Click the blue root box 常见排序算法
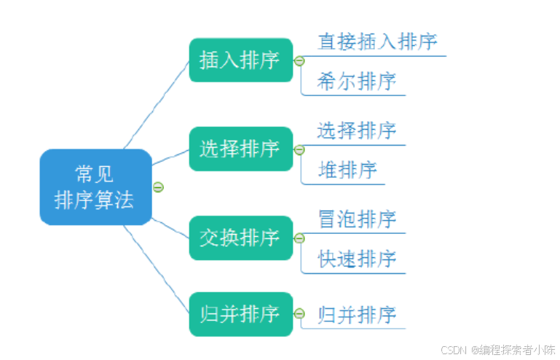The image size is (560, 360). click(95, 187)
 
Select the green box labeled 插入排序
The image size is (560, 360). click(240, 60)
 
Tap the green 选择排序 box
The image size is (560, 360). click(240, 149)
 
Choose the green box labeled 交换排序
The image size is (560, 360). click(240, 238)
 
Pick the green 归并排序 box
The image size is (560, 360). click(240, 314)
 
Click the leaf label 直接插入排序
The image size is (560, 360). click(377, 42)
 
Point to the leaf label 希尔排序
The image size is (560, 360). click(357, 82)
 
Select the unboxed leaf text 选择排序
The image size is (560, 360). click(357, 130)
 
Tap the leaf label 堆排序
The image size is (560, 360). click(347, 171)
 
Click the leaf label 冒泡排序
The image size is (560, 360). click(357, 219)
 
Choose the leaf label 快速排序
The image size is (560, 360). click(357, 259)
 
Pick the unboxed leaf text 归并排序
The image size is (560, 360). click(357, 315)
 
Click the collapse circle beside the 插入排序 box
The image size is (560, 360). click(299, 61)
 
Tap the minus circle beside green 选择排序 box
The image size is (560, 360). click(299, 150)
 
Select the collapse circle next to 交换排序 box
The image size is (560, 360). click(299, 238)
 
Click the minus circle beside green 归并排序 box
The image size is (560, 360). click(299, 314)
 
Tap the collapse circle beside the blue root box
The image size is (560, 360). click(158, 187)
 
